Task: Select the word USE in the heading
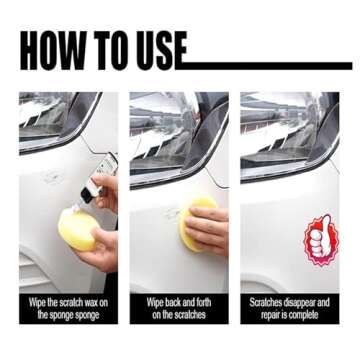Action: coord(160,53)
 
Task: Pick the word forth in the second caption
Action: coord(200,300)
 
